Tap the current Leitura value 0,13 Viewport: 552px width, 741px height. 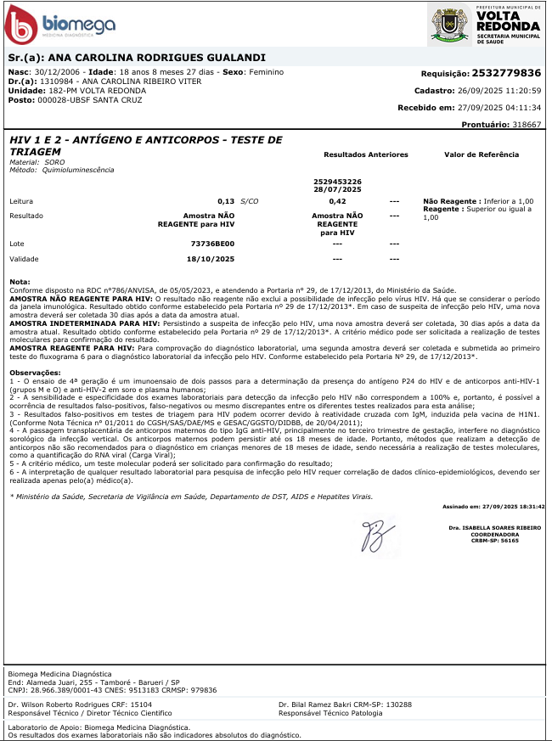point(226,201)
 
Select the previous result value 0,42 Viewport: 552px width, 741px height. point(337,201)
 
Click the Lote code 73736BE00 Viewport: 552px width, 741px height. point(212,244)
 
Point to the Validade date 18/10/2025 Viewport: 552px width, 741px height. point(212,259)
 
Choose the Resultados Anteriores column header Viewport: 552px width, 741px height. point(366,155)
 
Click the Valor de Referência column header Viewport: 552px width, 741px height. point(482,155)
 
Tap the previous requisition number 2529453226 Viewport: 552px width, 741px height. point(337,182)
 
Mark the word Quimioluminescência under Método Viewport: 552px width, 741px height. point(79,170)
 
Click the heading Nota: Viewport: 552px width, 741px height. point(19,281)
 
